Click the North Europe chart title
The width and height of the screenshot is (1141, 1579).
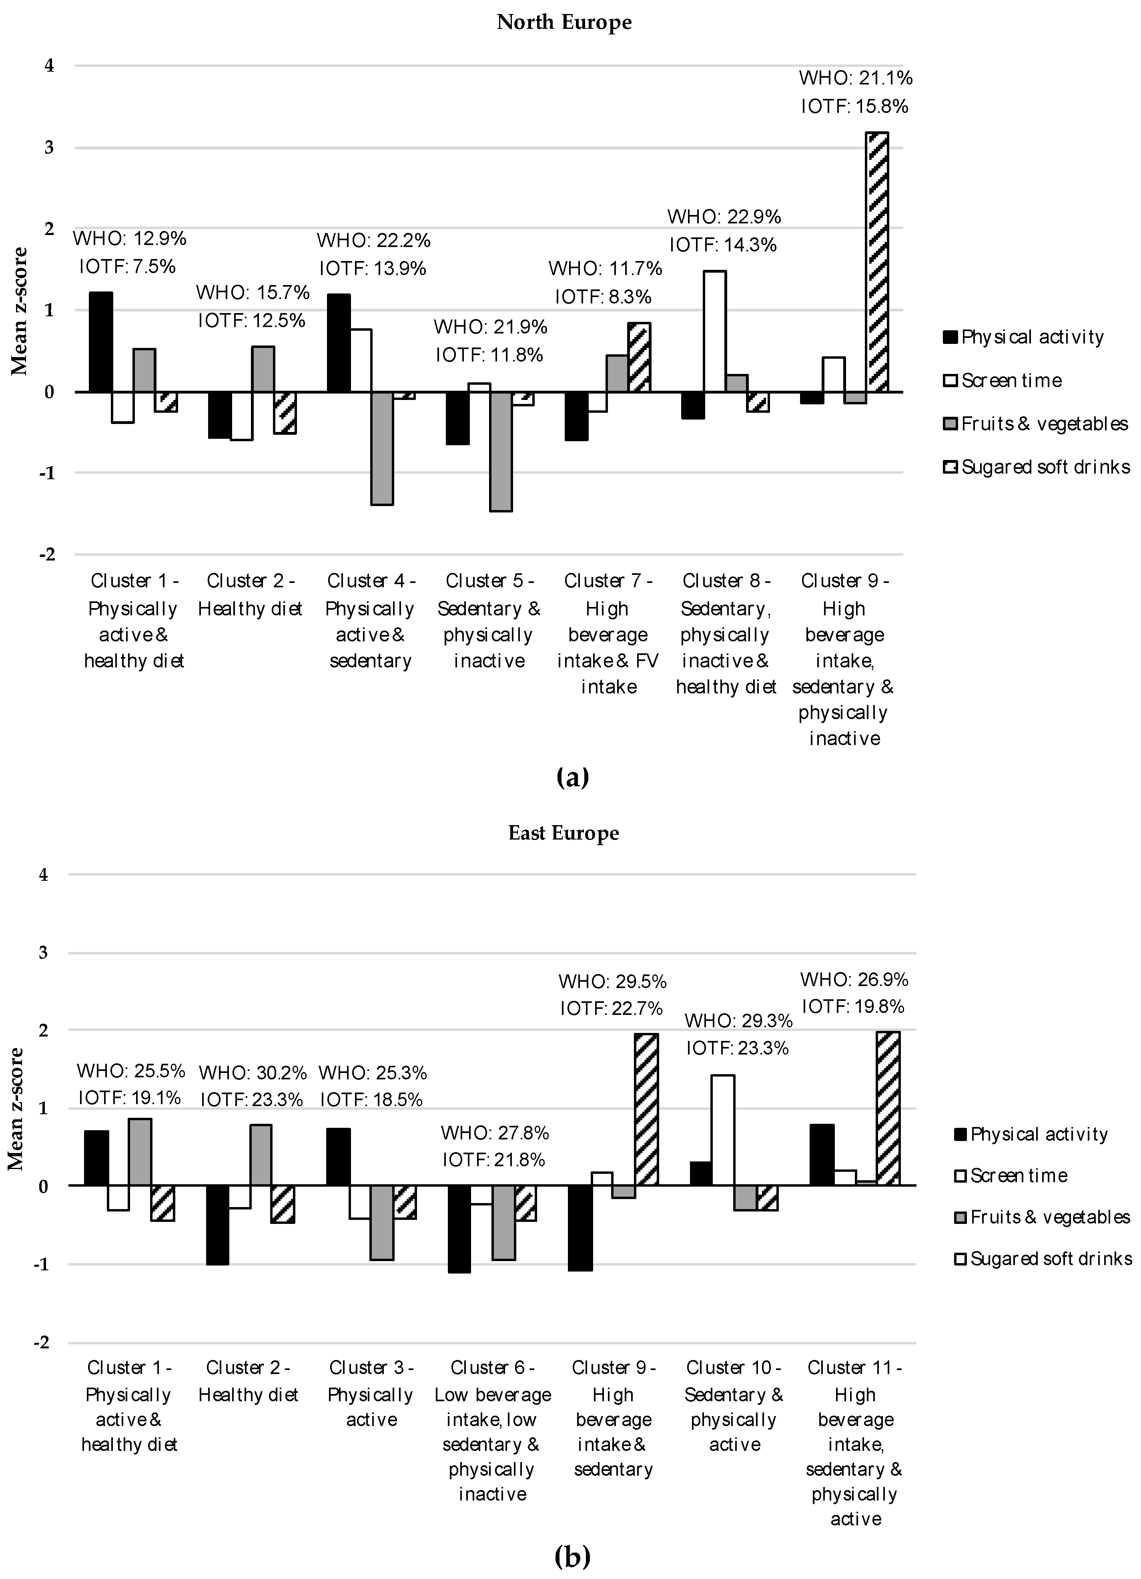pyautogui.click(x=564, y=22)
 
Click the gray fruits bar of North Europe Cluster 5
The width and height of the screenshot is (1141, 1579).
pyautogui.click(x=501, y=451)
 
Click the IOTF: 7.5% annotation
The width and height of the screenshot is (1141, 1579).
pyautogui.click(x=127, y=267)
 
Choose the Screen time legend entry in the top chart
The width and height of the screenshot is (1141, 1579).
pyautogui.click(x=1011, y=381)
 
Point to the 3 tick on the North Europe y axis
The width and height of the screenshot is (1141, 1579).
pyautogui.click(x=49, y=148)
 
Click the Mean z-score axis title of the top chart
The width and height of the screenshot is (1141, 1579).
pyautogui.click(x=20, y=311)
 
